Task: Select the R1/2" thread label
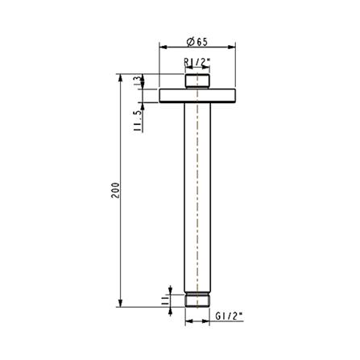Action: pos(197,61)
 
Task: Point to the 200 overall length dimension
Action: pos(116,190)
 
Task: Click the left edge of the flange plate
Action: pos(160,96)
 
